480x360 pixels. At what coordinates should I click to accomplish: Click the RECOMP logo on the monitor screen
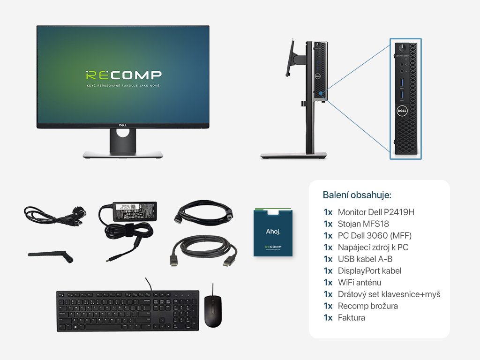(x=123, y=75)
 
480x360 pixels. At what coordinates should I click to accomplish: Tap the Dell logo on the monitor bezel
(x=123, y=125)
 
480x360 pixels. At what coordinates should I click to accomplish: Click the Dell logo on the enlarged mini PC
(x=402, y=111)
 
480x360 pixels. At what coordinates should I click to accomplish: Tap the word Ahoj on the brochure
(x=273, y=231)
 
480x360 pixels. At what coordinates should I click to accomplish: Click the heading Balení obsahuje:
(x=357, y=195)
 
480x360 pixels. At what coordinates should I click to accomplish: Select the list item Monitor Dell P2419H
(x=376, y=212)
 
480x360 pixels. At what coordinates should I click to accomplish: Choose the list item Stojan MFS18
(x=363, y=224)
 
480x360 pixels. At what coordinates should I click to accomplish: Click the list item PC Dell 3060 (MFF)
(x=375, y=235)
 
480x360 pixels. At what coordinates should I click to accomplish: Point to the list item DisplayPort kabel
(x=369, y=270)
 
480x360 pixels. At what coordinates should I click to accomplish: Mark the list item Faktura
(x=351, y=317)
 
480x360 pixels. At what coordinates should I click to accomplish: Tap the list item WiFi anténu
(x=360, y=282)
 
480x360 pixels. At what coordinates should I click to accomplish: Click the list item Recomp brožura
(x=367, y=306)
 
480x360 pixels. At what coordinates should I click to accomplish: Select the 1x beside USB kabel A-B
(x=328, y=259)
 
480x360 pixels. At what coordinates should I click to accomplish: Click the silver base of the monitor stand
(x=123, y=154)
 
